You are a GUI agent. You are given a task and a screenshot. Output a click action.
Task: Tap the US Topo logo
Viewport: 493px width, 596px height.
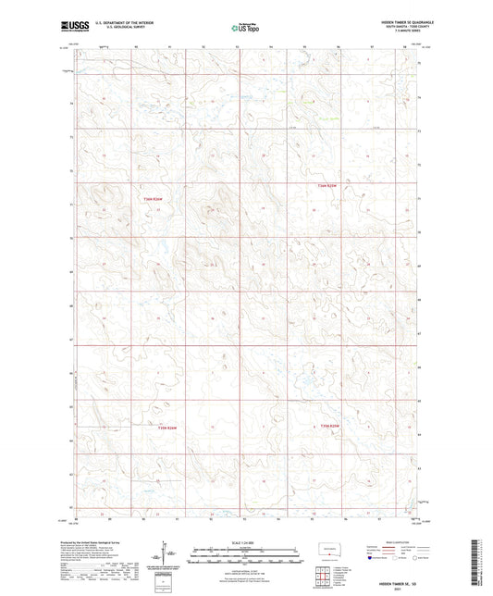tap(243, 29)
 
